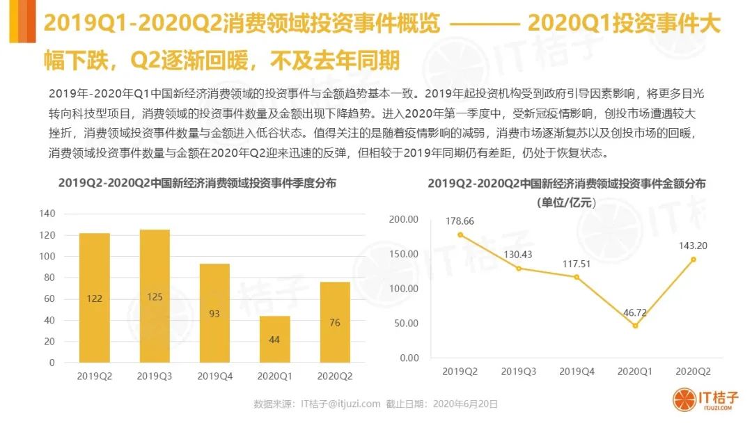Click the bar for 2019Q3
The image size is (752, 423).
click(155, 296)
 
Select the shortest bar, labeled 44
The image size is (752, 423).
click(275, 339)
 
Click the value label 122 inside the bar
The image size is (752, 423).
click(94, 298)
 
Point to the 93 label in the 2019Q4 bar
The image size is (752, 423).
click(214, 314)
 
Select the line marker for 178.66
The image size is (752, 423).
click(460, 234)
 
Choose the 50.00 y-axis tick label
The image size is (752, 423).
click(405, 324)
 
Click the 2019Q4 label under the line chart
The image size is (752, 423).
click(577, 372)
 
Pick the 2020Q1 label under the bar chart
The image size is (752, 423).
click(275, 376)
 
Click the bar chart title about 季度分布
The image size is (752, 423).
click(197, 184)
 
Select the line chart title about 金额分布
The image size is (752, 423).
click(566, 184)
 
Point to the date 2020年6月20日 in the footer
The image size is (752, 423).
click(465, 404)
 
